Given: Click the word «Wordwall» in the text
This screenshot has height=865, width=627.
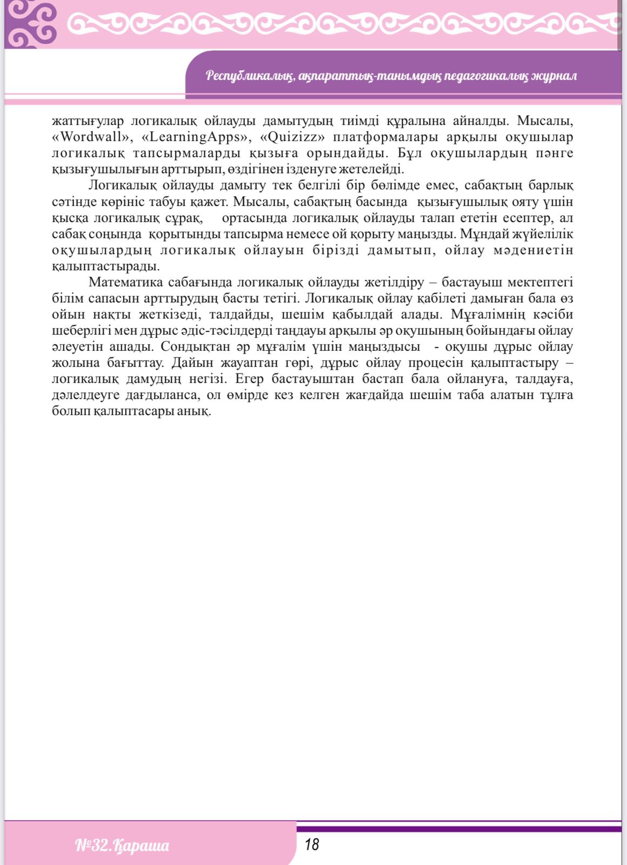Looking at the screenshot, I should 92,137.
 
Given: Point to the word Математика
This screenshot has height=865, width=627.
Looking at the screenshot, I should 125,282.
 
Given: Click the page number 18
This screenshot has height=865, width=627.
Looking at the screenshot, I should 311,844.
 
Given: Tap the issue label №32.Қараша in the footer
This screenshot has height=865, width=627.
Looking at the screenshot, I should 122,845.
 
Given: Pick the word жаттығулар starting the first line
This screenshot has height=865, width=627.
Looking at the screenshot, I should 88,121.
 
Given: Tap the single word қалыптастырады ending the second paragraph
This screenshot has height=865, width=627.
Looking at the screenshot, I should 106,267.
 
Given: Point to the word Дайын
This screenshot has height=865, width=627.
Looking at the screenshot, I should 190,363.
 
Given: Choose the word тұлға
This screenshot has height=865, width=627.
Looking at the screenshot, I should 556,395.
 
